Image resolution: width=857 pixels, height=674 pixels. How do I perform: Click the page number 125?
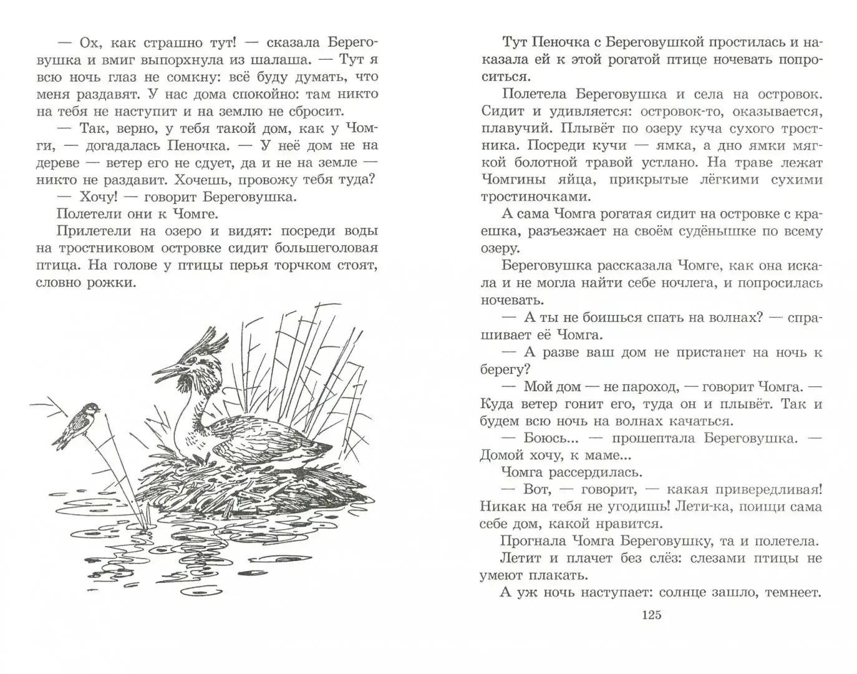coord(651,615)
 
